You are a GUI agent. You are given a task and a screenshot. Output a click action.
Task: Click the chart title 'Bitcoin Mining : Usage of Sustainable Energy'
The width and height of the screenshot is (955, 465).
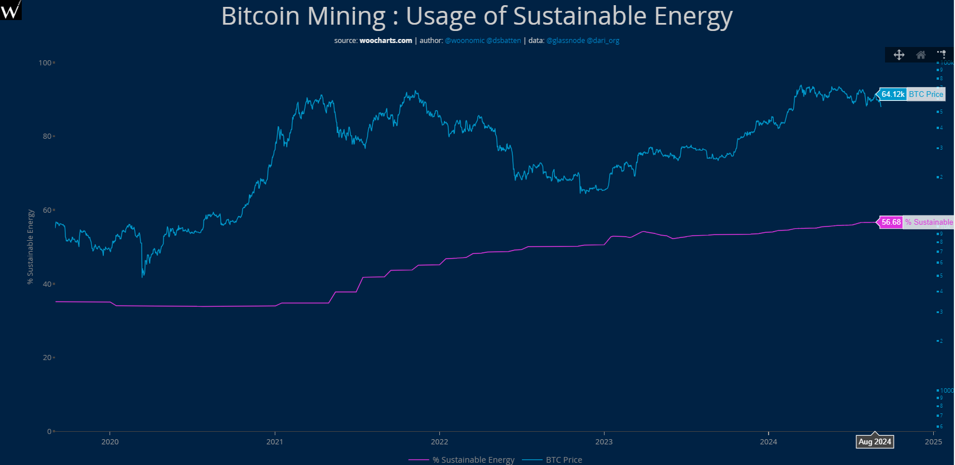pos(477,16)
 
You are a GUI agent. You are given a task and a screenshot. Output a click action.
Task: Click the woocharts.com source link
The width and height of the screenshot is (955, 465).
pos(385,41)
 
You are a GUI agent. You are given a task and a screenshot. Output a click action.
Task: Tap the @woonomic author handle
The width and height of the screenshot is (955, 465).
pos(465,41)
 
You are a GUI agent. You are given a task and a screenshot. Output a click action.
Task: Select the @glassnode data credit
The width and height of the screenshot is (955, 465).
pos(566,41)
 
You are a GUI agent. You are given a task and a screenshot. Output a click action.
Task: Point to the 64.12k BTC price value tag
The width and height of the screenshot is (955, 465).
pos(893,95)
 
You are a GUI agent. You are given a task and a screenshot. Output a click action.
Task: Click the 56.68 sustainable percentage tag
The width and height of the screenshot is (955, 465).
pos(891,222)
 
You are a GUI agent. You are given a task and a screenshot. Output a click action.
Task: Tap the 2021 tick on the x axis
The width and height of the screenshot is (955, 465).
pos(275,441)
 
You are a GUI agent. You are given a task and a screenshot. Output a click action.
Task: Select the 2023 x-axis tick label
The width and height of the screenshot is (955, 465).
pos(604,441)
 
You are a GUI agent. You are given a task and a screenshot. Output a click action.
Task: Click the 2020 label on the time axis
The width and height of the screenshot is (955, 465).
pos(110,441)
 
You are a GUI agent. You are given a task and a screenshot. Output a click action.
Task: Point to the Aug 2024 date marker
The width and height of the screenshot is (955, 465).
pos(875,441)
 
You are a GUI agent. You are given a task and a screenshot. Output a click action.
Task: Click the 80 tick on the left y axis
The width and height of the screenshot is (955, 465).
pos(47,136)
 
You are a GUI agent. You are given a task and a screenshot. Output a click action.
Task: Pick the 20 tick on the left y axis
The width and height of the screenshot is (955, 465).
pos(47,358)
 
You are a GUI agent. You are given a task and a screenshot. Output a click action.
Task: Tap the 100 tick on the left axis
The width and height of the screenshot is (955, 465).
pos(45,63)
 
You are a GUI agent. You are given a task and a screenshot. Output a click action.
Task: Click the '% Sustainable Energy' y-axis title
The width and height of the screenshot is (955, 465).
pos(31,247)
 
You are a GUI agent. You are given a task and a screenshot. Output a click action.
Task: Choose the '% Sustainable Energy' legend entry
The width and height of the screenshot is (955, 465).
pos(473,460)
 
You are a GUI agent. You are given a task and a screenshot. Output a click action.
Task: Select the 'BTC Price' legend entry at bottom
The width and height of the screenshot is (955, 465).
pos(563,460)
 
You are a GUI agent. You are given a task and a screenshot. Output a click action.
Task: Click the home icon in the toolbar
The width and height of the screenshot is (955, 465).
pos(921,55)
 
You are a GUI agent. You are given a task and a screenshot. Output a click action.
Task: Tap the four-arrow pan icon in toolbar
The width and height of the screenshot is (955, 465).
pos(899,55)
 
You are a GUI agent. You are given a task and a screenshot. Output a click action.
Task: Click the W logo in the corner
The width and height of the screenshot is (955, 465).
pos(10,10)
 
